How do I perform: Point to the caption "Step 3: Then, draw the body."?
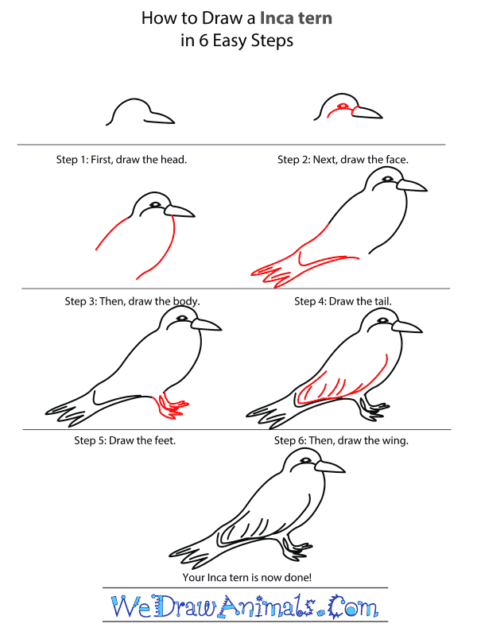132,302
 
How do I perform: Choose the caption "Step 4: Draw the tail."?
343,302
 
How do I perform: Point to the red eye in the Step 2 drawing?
343,106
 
